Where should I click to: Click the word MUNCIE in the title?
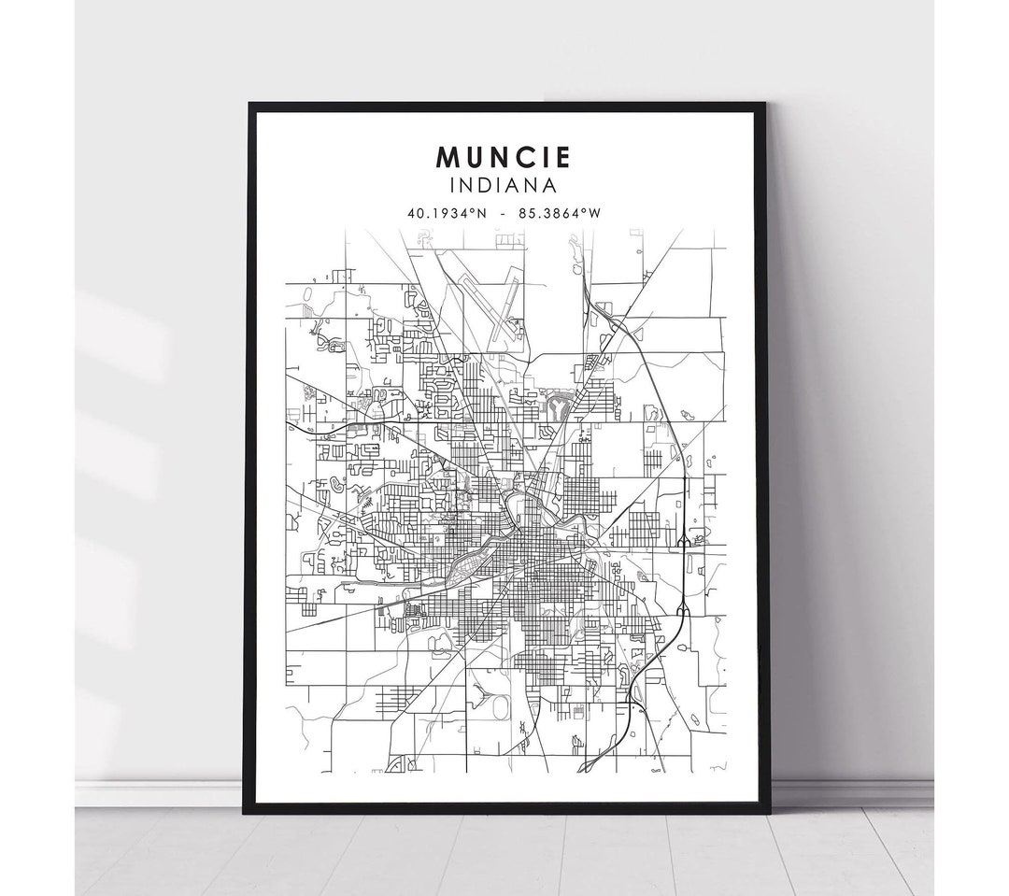(504, 156)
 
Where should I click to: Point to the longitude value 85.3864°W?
(563, 213)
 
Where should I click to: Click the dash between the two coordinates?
(504, 213)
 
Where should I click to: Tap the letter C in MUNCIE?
(522, 156)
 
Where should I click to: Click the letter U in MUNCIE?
(474, 156)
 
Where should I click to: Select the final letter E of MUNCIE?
(562, 156)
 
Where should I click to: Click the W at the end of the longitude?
(594, 213)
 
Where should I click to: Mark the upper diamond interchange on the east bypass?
(684, 539)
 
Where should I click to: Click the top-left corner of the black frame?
(248, 104)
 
